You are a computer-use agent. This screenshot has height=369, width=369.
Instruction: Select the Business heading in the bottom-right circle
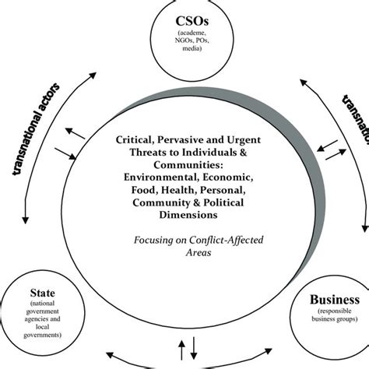pos(332,300)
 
